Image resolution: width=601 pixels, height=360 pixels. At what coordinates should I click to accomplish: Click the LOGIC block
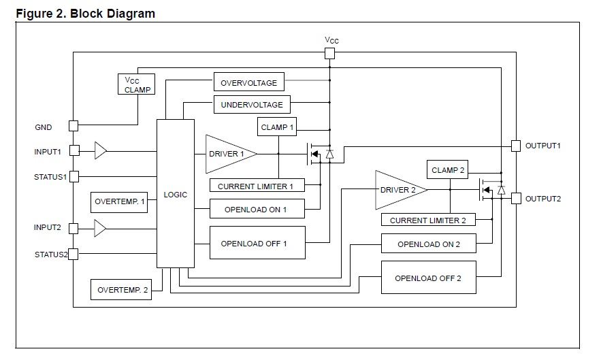(175, 194)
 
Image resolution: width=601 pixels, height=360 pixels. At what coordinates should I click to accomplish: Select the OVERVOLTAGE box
(248, 82)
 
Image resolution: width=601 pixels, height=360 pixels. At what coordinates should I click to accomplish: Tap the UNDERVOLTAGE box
(253, 105)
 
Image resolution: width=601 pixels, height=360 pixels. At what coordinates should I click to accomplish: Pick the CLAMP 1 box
(278, 127)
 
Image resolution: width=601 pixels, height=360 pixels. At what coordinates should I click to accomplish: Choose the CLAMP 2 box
(448, 170)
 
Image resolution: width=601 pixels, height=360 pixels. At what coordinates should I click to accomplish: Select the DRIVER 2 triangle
(397, 190)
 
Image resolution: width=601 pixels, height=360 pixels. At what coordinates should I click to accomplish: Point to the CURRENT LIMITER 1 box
(256, 186)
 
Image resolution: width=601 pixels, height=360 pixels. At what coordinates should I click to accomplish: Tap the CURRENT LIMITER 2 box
(428, 220)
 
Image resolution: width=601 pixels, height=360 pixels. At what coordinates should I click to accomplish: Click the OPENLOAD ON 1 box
(256, 209)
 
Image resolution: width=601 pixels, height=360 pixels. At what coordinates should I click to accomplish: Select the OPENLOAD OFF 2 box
(428, 278)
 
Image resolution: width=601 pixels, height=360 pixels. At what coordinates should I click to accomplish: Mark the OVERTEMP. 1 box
(120, 202)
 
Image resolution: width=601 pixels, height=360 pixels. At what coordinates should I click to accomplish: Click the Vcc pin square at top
(330, 54)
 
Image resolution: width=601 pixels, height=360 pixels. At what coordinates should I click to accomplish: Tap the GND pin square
(74, 126)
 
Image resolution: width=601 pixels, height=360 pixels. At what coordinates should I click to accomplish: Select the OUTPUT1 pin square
(516, 146)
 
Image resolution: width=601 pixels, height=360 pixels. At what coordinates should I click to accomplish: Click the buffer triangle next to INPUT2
(100, 227)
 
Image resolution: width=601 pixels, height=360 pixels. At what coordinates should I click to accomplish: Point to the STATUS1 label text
(51, 176)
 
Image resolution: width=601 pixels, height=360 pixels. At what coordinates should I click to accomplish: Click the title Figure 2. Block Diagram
(85, 13)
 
